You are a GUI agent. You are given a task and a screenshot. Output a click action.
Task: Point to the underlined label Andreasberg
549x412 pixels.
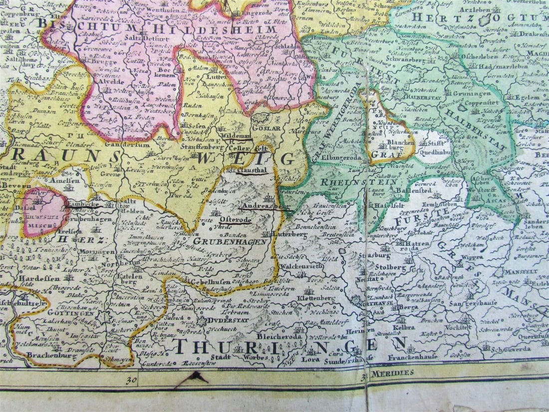point(264,206)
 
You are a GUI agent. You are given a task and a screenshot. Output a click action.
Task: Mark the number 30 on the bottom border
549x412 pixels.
point(132,380)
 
